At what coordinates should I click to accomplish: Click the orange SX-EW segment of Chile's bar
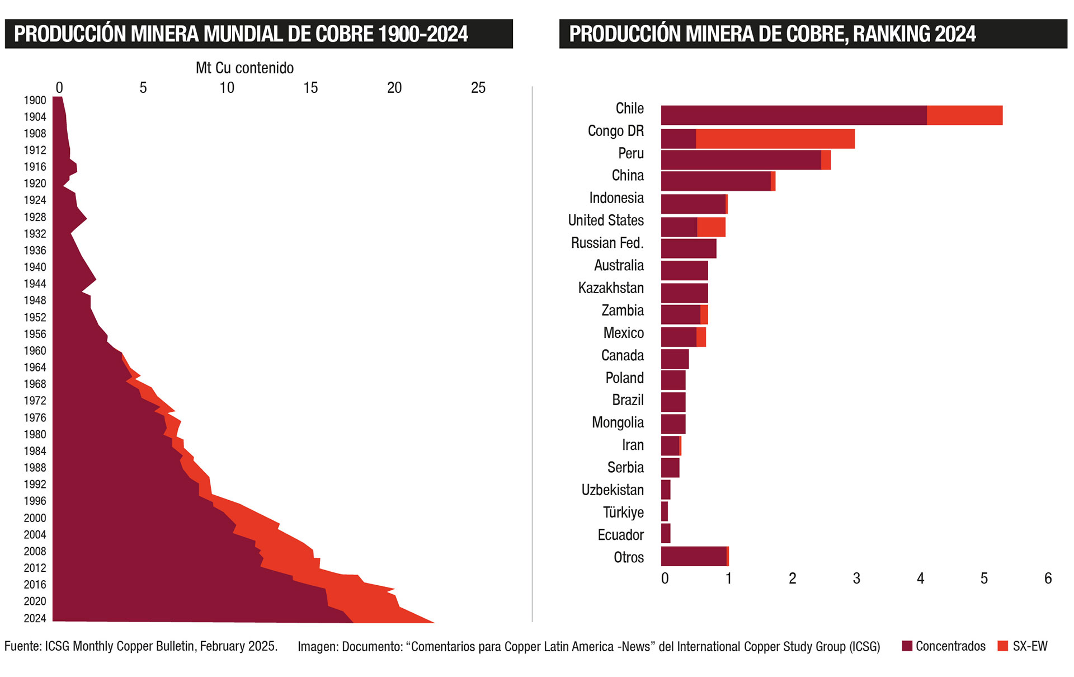[x=964, y=115]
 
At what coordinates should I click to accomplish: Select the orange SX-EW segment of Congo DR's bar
[x=775, y=139]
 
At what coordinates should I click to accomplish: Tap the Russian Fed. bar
[x=689, y=248]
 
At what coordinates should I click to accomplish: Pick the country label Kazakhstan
[x=611, y=288]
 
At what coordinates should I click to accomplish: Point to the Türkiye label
[x=623, y=513]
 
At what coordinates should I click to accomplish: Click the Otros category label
[x=629, y=557]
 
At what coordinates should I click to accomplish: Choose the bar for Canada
[x=675, y=359]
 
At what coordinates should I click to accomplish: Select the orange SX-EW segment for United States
[x=712, y=227]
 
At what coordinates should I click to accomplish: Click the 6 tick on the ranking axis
[x=1048, y=579]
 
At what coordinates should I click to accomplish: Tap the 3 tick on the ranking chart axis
[x=856, y=579]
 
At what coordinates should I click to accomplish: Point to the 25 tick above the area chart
[x=478, y=88]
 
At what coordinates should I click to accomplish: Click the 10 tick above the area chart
[x=227, y=88]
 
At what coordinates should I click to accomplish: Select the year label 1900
[x=35, y=101]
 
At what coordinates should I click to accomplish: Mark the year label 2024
[x=35, y=618]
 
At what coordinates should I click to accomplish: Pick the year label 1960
[x=35, y=351]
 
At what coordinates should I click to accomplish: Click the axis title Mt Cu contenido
[x=244, y=68]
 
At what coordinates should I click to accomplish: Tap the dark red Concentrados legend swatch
[x=907, y=646]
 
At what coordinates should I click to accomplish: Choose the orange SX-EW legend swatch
[x=1003, y=646]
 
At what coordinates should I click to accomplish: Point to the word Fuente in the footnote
[x=22, y=646]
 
